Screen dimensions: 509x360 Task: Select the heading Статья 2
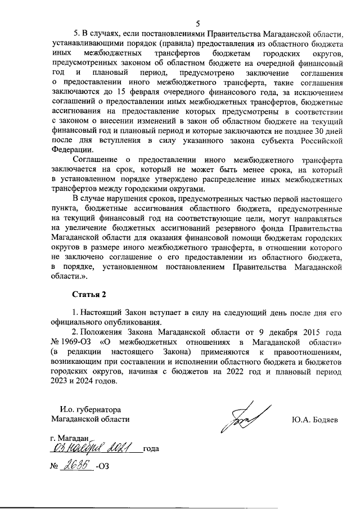pos(89,294)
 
